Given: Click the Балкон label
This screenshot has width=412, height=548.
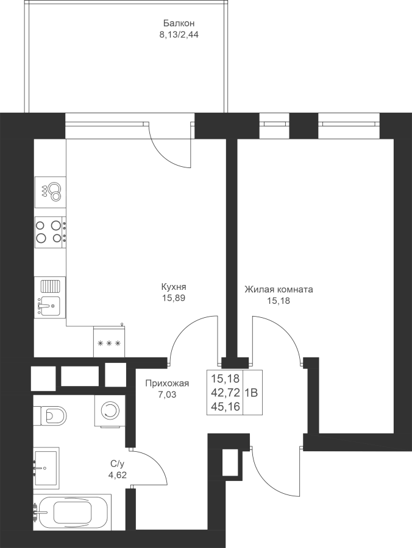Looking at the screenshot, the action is (179, 23).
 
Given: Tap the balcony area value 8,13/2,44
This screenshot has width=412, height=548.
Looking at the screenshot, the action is (179, 35).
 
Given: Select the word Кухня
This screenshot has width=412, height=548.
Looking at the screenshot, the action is (174, 287).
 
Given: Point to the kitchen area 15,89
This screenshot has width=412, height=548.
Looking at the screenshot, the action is (174, 298).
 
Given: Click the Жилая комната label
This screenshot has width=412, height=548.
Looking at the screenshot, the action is (279, 289).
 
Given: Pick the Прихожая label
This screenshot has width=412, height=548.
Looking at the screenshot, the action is (167, 384).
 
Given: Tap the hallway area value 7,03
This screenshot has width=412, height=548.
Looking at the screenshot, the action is (167, 395).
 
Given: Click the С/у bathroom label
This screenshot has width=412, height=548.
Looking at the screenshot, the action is (117, 464).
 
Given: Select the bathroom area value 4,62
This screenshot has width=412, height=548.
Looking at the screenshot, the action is (118, 475).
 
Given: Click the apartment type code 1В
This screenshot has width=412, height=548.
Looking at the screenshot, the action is (252, 393).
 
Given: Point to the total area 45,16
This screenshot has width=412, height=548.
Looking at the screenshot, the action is (226, 407).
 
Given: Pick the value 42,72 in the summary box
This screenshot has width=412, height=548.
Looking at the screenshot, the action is (226, 393).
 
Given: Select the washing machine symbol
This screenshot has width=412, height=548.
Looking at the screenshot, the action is (110, 410).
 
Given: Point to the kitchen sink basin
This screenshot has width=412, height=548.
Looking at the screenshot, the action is (50, 306).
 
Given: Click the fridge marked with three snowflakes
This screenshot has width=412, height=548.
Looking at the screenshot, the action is (109, 342).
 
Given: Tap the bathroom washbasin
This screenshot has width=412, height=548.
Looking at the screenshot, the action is (46, 467).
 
